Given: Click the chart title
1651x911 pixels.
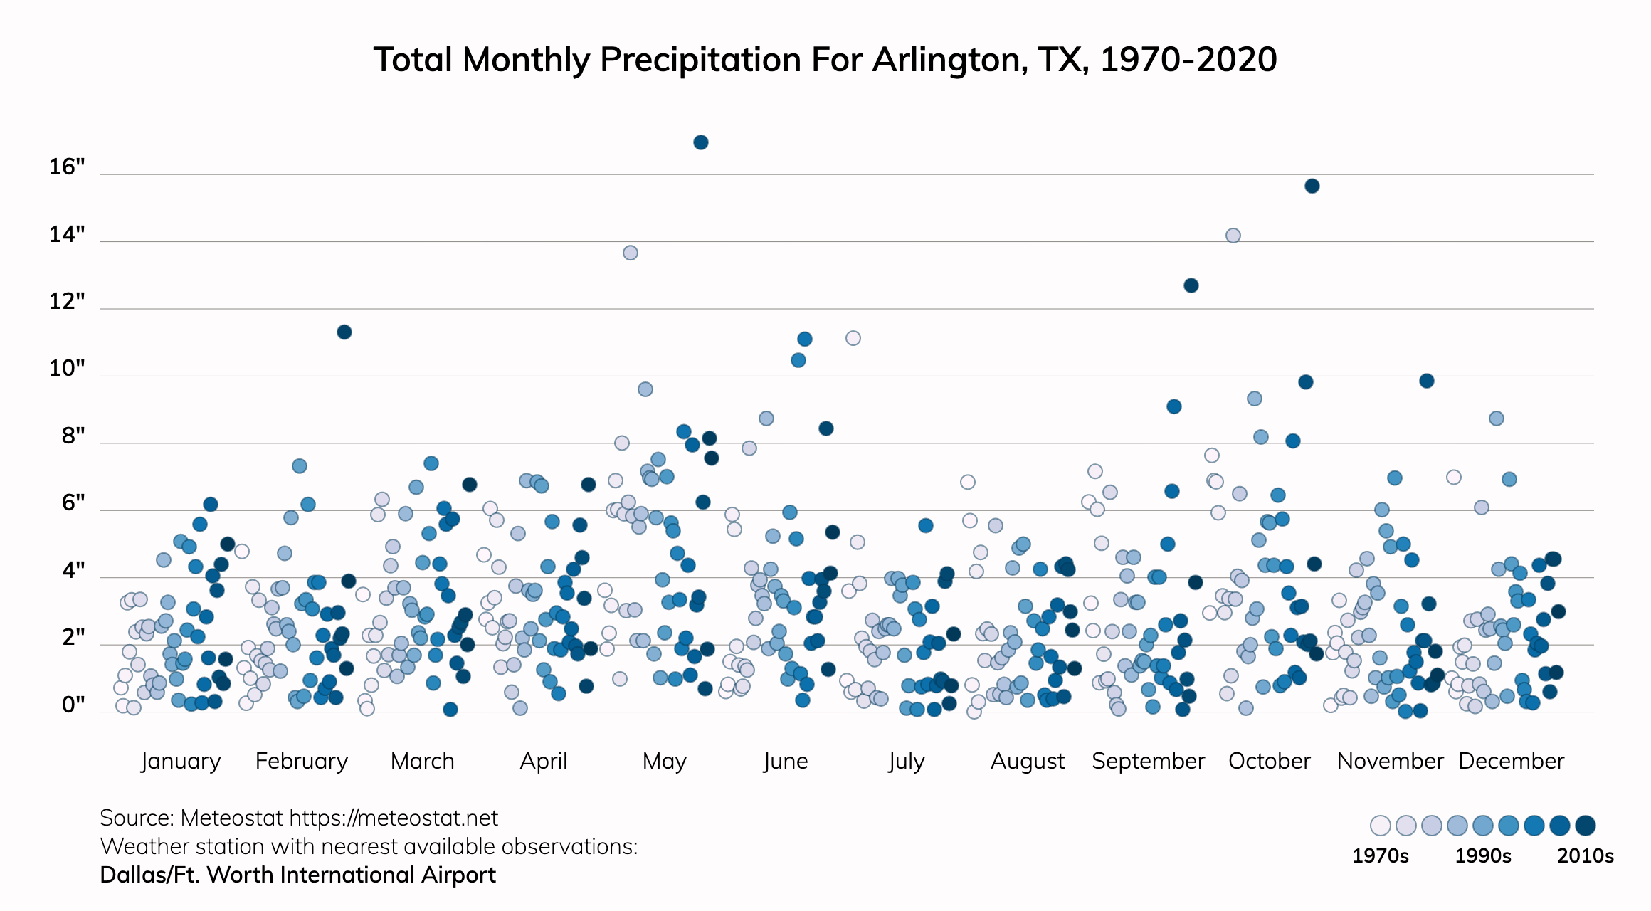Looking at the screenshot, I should coord(825,60).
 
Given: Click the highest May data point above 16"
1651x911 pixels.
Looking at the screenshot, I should coord(701,142).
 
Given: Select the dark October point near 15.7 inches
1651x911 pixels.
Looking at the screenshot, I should coord(1312,186).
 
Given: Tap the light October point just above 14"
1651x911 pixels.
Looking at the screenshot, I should coord(1233,236).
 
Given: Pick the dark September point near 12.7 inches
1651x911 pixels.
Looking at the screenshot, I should coord(1191,285).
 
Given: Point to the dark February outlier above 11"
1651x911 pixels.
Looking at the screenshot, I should coord(344,332).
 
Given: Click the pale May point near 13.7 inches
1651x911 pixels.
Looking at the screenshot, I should coord(631,253).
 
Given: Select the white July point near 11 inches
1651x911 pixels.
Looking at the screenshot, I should coord(853,338).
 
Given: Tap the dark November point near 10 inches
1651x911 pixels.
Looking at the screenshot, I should coord(1427,381).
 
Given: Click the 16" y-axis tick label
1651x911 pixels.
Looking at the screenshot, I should coord(67,167).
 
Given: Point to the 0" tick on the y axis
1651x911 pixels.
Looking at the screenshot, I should coord(73,705).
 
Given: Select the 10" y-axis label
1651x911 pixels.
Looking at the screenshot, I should coord(67,369).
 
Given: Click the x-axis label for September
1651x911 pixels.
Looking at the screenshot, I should coord(1148,761).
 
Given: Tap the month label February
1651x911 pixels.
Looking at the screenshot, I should coord(302,761).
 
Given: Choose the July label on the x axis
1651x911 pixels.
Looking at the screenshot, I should coord(906,761).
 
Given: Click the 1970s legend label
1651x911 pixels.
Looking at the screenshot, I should coord(1381,855).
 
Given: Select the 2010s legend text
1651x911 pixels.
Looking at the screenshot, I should coord(1586,855).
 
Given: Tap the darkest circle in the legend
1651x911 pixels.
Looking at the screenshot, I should coord(1586,826).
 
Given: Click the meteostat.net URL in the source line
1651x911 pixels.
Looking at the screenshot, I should coord(394,818).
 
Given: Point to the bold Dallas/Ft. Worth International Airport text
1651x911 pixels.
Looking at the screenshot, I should coord(297,875).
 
